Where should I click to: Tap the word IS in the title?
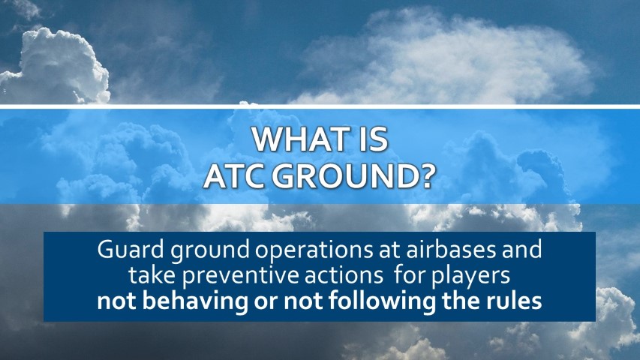tap(374, 140)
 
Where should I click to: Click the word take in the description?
tap(152, 275)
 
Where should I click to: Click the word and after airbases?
tap(522, 250)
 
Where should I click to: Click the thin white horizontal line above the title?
tap(320, 106)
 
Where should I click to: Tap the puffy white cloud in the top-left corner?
tap(57, 67)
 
